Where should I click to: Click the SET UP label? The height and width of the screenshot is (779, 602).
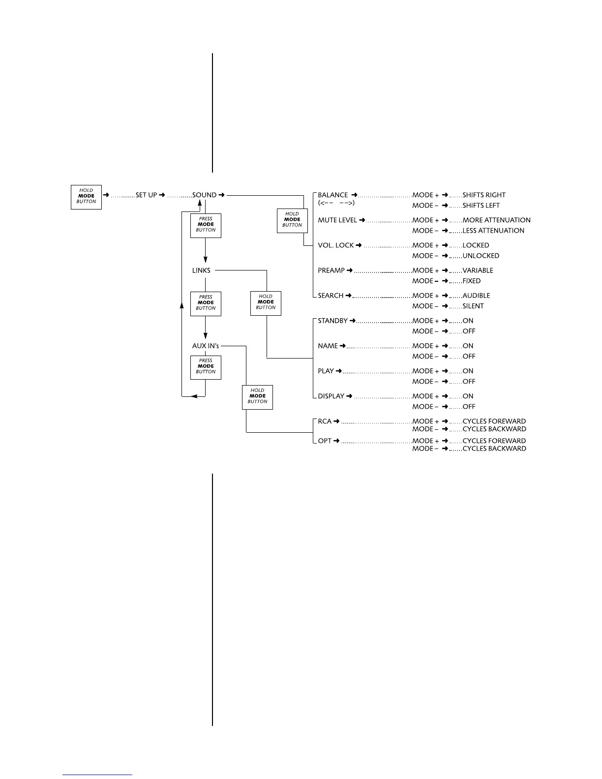coord(146,195)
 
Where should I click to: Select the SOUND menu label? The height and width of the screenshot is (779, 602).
coord(204,195)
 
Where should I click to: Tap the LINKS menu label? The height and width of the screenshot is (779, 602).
coord(201,270)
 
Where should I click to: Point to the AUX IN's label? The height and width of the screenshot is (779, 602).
coord(206,346)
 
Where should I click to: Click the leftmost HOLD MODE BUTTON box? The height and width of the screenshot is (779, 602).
coord(86,197)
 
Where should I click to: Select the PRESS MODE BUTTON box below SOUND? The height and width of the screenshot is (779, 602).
coord(206,225)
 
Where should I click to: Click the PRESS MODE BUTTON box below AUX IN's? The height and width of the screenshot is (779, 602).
coord(206,367)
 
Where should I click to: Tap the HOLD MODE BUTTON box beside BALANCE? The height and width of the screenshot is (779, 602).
coord(292,220)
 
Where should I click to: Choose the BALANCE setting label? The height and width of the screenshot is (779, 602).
coord(333,195)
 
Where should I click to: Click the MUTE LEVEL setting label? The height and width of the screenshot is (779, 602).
coord(337,220)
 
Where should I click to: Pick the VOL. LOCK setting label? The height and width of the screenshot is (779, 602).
coord(336,245)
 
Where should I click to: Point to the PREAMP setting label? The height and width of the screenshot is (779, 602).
coord(331,270)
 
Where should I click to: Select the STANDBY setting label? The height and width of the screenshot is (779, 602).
coord(333,321)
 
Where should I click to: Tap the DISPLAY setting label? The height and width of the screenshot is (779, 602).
coord(331,396)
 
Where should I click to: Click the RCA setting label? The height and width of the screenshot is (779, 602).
coord(325,421)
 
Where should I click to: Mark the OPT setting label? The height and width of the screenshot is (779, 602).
coord(325,441)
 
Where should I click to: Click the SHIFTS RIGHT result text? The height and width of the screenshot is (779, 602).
coord(484,195)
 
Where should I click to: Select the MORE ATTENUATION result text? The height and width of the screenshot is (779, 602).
coord(496,220)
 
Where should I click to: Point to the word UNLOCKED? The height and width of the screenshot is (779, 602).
coord(481,256)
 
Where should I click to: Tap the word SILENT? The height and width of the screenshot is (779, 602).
coord(473,306)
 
